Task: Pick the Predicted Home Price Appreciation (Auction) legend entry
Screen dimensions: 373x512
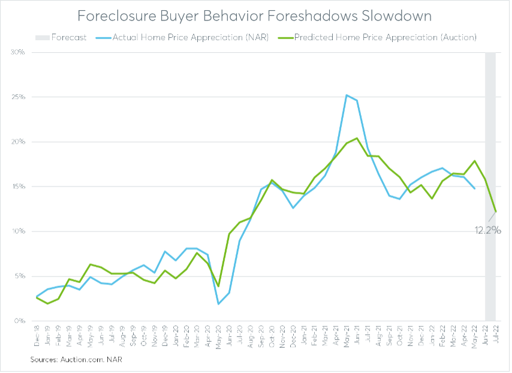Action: (x=381, y=37)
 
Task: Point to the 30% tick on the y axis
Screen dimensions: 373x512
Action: (x=17, y=52)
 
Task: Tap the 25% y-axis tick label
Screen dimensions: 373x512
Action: (x=17, y=97)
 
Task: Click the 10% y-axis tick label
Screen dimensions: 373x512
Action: (x=17, y=231)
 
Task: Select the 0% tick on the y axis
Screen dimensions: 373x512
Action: (x=19, y=321)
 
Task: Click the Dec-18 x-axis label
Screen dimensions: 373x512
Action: (x=37, y=336)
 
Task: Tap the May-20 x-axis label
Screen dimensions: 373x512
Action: (x=219, y=336)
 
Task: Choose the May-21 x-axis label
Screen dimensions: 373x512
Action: (x=347, y=336)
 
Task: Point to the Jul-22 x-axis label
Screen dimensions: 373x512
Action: (x=496, y=336)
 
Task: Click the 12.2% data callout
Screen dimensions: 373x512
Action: (x=487, y=230)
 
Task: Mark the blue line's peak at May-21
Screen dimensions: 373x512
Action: (x=347, y=95)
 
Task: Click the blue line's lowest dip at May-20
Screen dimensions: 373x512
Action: (x=219, y=303)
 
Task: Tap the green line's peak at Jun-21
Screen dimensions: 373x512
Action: (x=357, y=138)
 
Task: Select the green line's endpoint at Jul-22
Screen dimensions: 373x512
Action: (x=496, y=211)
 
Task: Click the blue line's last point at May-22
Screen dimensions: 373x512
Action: (x=474, y=188)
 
